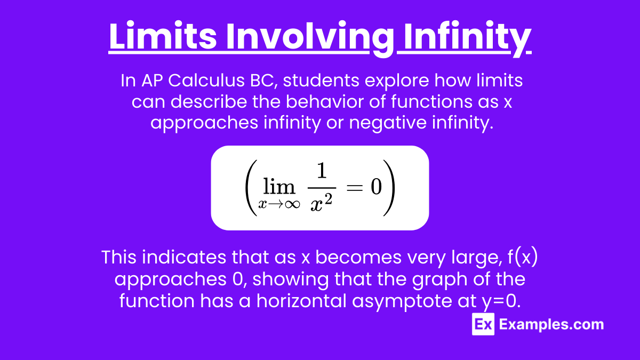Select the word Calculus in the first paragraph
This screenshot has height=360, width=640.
pyautogui.click(x=206, y=81)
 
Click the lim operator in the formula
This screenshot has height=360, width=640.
pyautogui.click(x=279, y=187)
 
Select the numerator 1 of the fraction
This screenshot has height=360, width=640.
pyautogui.click(x=322, y=171)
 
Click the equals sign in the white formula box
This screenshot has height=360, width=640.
pyautogui.click(x=354, y=187)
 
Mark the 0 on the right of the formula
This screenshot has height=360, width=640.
pyautogui.click(x=376, y=187)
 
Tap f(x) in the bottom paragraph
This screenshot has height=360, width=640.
pyautogui.click(x=523, y=258)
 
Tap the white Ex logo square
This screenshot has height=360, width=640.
pyautogui.click(x=483, y=324)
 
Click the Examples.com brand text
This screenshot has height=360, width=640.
pyautogui.click(x=551, y=324)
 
